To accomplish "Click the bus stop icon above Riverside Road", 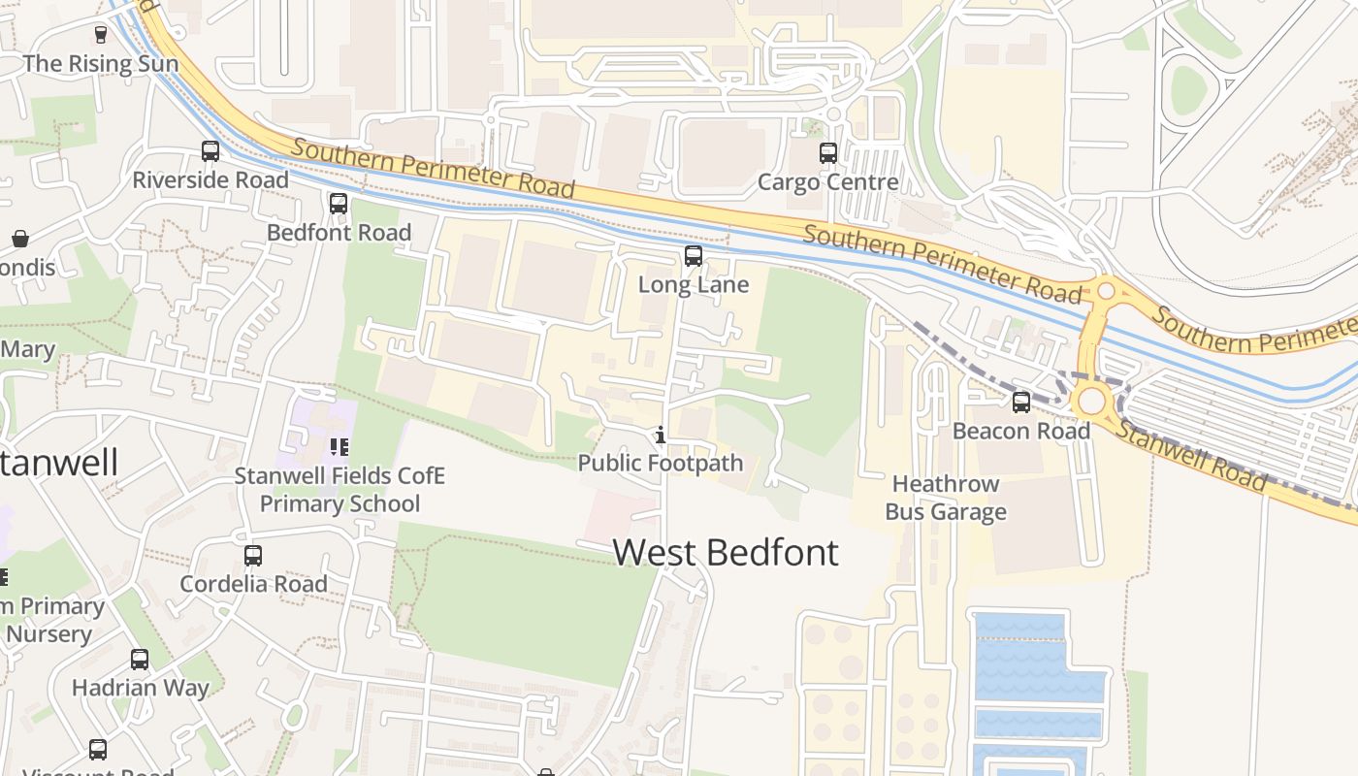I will click(x=210, y=151).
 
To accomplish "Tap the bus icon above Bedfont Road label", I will click(x=339, y=204).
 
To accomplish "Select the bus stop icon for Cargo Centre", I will click(x=827, y=153).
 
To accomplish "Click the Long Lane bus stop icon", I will click(x=693, y=256).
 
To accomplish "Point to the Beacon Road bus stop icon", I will click(x=1021, y=402).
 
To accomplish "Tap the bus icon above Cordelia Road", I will click(x=253, y=556).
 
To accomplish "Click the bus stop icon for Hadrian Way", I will click(x=140, y=660).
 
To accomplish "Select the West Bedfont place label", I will click(x=726, y=552).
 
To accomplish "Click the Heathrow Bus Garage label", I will click(x=946, y=498).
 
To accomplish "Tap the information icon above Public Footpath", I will click(x=661, y=435).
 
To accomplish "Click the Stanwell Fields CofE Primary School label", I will click(x=339, y=490).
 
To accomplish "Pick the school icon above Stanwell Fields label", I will click(x=339, y=447).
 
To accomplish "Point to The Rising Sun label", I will click(x=100, y=64).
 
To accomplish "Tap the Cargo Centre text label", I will click(x=827, y=182).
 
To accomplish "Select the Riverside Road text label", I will click(x=210, y=180).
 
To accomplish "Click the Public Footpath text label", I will click(x=661, y=464).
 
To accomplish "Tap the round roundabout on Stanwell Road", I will click(x=1092, y=401).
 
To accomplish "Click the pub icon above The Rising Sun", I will click(x=101, y=35).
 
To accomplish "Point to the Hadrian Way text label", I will click(x=140, y=689).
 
